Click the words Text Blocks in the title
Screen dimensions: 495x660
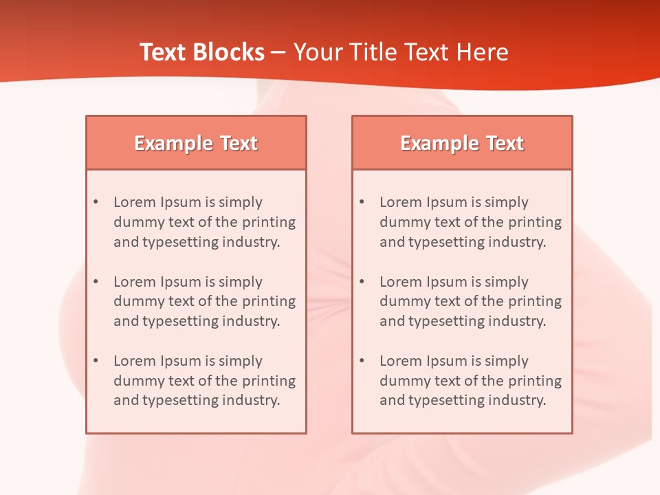(201, 52)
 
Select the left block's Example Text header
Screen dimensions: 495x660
(196, 143)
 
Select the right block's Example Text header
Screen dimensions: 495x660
(462, 143)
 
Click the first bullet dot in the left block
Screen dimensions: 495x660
(96, 202)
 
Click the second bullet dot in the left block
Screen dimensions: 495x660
(96, 282)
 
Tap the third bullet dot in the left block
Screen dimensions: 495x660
(96, 361)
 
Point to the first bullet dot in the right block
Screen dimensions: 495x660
(362, 202)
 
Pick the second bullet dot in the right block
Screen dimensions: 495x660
(362, 282)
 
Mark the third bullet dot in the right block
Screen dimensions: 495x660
(362, 361)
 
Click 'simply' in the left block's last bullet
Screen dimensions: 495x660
(241, 361)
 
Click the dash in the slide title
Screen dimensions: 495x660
(278, 52)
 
